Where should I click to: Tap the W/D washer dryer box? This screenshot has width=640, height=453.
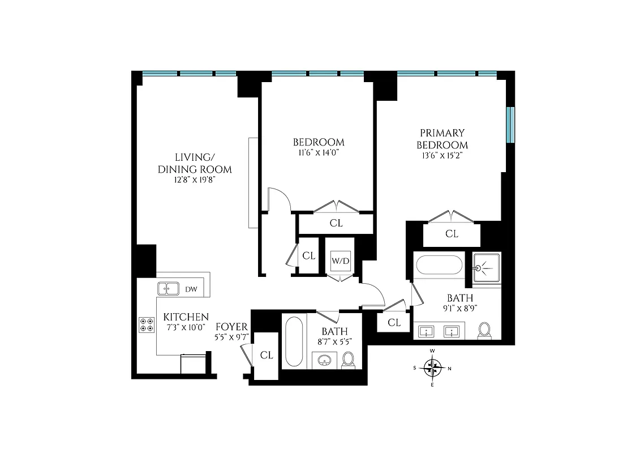tap(340, 262)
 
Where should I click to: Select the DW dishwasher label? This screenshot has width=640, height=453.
tap(191, 289)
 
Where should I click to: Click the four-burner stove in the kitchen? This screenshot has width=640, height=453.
tap(146, 324)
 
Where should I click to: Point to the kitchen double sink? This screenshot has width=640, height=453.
tap(168, 289)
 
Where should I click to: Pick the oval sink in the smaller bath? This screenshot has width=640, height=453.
tap(324, 360)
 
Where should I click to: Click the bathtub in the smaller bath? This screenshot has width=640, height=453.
tap(295, 342)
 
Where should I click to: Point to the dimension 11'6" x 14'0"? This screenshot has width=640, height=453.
tap(318, 152)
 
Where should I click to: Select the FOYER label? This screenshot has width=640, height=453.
tap(232, 327)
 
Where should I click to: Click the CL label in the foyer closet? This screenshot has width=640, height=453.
tap(267, 355)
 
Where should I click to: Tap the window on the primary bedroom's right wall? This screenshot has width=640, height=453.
tap(510, 125)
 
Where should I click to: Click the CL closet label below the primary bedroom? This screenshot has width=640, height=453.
tap(452, 233)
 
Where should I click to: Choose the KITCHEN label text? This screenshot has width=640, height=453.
tap(186, 317)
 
